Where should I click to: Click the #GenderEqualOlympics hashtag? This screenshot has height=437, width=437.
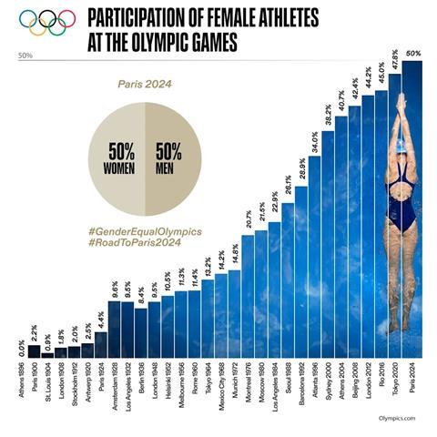coord(146,232)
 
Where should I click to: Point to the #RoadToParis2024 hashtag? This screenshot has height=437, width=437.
coord(136,245)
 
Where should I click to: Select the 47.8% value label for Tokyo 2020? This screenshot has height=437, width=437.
coord(395,69)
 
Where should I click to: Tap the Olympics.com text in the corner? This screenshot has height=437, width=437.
coord(393,418)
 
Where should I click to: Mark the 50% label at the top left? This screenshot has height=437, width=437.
coord(25,55)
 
